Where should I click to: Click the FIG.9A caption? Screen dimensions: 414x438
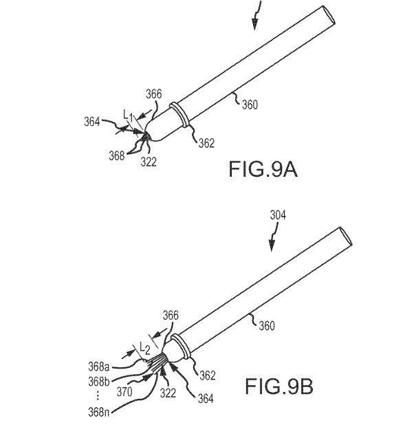click(263, 169)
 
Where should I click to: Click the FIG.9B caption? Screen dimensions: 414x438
click(279, 386)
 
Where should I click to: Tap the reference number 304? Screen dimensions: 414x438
click(278, 215)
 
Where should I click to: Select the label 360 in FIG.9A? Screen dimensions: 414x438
click(250, 105)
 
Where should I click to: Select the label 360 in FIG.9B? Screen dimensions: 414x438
click(267, 326)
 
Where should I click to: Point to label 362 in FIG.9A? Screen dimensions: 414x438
click(206, 143)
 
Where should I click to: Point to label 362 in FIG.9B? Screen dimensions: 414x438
click(207, 375)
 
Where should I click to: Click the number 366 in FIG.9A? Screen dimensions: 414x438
click(154, 94)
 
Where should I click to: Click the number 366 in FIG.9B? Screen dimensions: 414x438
click(171, 316)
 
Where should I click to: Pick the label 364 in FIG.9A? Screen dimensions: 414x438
click(92, 122)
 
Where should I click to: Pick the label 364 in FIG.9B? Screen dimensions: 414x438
click(206, 399)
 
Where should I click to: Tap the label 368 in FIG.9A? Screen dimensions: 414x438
click(117, 155)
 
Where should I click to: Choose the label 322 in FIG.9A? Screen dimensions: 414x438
click(149, 162)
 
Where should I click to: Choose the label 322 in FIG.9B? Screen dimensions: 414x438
click(168, 393)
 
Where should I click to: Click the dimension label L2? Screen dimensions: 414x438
click(145, 348)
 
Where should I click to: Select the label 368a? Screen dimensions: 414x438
click(99, 366)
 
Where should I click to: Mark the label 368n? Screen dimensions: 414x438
click(99, 412)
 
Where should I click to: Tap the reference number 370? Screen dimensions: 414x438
click(124, 392)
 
